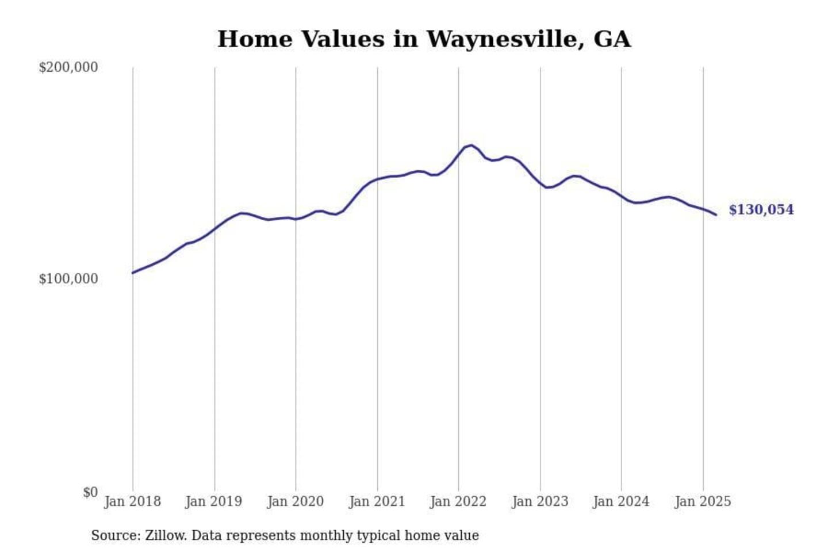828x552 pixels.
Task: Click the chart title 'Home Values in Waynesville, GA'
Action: (424, 39)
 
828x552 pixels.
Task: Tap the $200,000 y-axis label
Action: (68, 67)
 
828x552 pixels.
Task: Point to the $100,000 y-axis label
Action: (68, 279)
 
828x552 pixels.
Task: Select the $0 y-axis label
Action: (90, 492)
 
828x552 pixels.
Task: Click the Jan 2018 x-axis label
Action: (132, 501)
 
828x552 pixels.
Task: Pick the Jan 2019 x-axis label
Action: (213, 501)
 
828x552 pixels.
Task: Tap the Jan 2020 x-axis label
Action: (295, 501)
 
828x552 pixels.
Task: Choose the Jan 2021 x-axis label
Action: (377, 501)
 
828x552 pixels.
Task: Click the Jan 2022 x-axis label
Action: (458, 501)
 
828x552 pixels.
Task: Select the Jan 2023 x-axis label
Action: (539, 501)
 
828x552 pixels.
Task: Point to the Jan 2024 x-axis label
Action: (620, 501)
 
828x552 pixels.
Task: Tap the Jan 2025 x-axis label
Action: (702, 501)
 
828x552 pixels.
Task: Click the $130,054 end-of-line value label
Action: (761, 210)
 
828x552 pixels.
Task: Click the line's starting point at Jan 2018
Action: (133, 273)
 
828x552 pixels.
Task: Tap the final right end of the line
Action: (716, 215)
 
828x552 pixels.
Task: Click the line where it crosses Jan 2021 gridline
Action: (378, 179)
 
